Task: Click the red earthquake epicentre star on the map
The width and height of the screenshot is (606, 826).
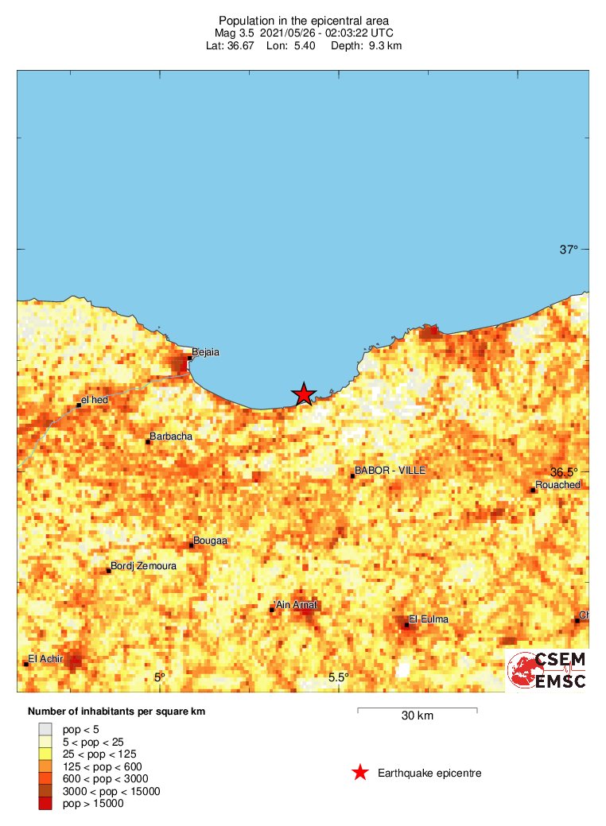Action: click(x=303, y=394)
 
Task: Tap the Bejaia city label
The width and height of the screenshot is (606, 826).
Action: click(x=206, y=352)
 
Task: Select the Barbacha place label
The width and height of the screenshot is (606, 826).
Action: click(x=171, y=436)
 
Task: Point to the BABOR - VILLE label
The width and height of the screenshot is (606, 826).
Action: click(x=390, y=471)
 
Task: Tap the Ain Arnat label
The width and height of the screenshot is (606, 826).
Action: click(x=296, y=605)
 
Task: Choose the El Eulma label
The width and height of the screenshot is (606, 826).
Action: click(x=429, y=619)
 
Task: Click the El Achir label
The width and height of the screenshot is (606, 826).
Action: click(x=45, y=658)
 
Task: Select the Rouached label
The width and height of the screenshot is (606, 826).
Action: click(x=558, y=485)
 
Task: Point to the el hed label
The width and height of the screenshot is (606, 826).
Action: click(x=95, y=399)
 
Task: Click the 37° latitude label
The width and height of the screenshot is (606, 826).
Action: click(x=569, y=250)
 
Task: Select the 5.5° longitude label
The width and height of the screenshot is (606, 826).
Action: click(x=339, y=677)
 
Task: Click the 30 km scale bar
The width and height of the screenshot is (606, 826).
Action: click(x=417, y=709)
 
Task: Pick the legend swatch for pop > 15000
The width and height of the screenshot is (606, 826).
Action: click(x=45, y=804)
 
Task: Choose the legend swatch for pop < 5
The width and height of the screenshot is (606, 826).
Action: click(x=45, y=728)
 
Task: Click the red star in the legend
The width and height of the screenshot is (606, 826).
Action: click(x=360, y=773)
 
